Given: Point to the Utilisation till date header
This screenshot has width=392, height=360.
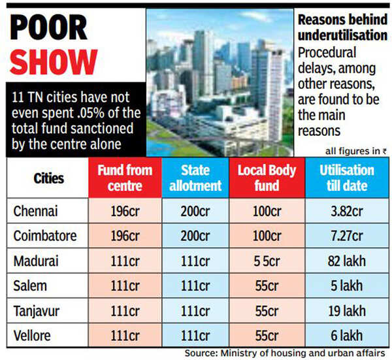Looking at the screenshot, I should pos(347,178).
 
